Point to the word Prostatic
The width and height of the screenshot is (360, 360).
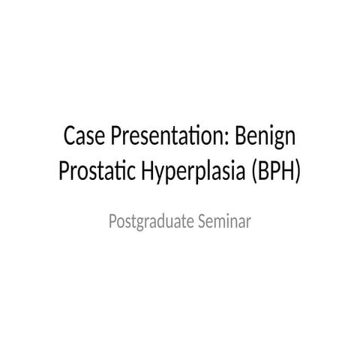coord(96,171)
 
